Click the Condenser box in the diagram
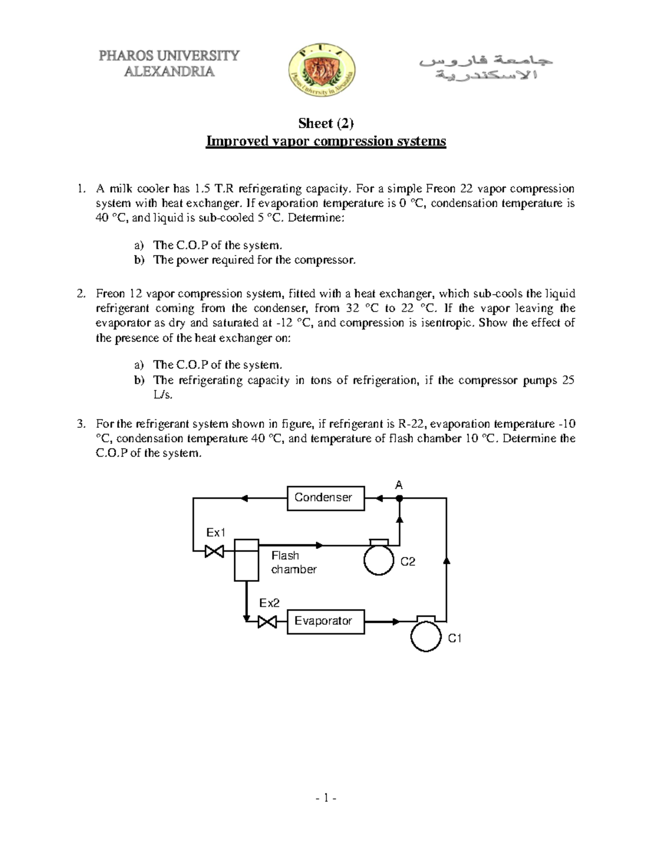[x=325, y=498]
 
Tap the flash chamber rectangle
[x=246, y=560]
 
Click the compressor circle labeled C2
[x=379, y=560]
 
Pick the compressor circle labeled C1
[x=426, y=636]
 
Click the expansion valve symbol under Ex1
[x=214, y=552]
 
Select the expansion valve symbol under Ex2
[x=267, y=621]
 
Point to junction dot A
[x=399, y=498]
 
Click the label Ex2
[x=269, y=603]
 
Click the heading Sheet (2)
[x=325, y=123]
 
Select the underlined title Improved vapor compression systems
[x=325, y=142]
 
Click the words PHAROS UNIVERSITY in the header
[x=168, y=56]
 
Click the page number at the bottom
[x=326, y=798]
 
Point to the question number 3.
[x=80, y=424]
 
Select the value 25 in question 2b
[x=568, y=381]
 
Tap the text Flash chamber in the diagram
[x=293, y=562]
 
